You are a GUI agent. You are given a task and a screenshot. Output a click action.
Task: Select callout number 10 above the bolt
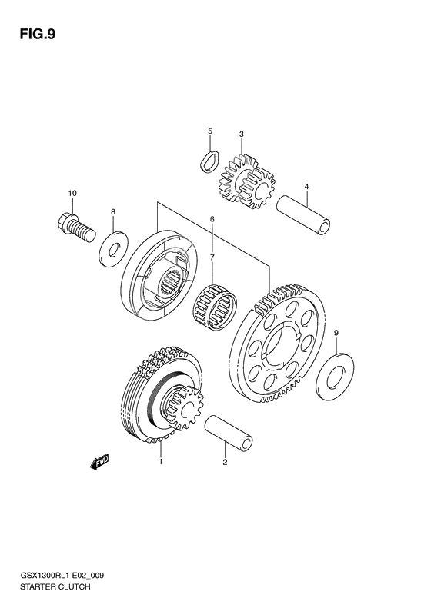(x=72, y=193)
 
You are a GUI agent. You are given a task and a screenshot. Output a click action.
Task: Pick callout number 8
(x=113, y=211)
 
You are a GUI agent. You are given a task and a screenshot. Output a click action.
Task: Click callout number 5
(x=209, y=131)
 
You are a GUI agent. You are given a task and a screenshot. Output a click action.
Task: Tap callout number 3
(x=241, y=135)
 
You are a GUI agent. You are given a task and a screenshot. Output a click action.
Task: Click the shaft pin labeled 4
(x=305, y=214)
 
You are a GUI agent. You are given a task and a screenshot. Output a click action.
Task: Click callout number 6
(x=212, y=219)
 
